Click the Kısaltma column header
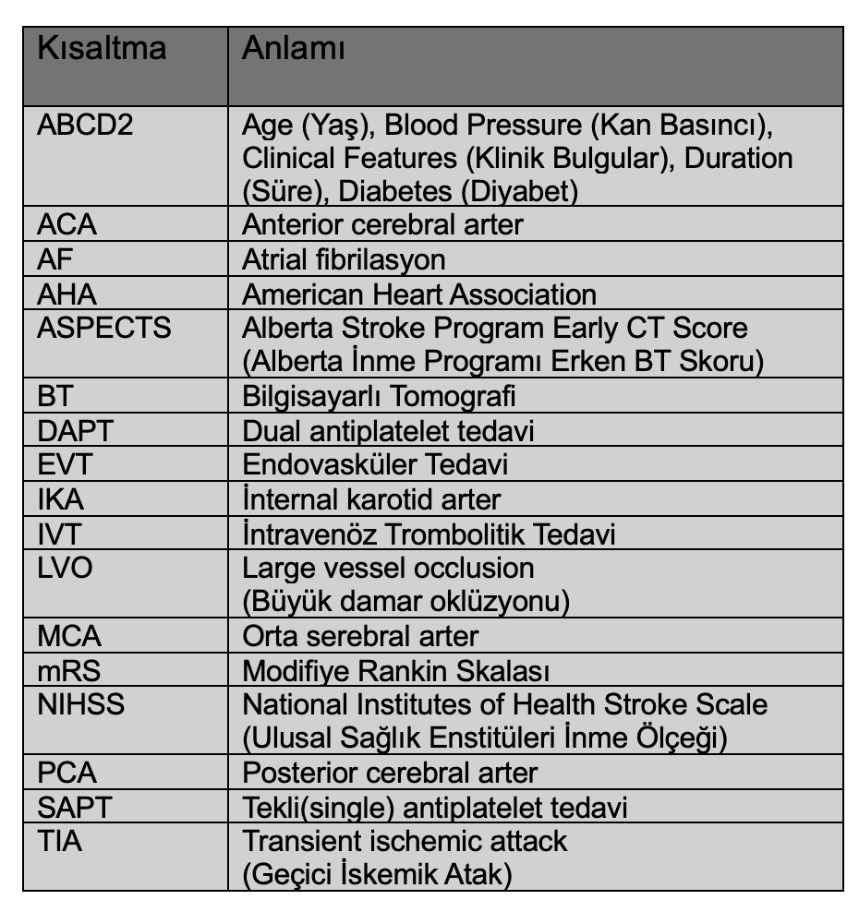point(102,48)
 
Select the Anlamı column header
point(294,48)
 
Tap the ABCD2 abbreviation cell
point(85,124)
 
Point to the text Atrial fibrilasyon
point(344,260)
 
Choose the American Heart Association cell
point(418,294)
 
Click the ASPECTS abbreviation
point(104,329)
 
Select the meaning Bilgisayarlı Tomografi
point(379,397)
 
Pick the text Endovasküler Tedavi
point(375,464)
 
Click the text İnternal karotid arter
point(371,499)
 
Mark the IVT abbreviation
point(62,534)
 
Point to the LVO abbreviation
point(65,567)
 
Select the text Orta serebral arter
point(360,636)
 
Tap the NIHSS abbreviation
point(80,704)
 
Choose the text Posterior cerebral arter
point(389,773)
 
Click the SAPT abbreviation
point(74,807)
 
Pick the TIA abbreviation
point(58,841)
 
